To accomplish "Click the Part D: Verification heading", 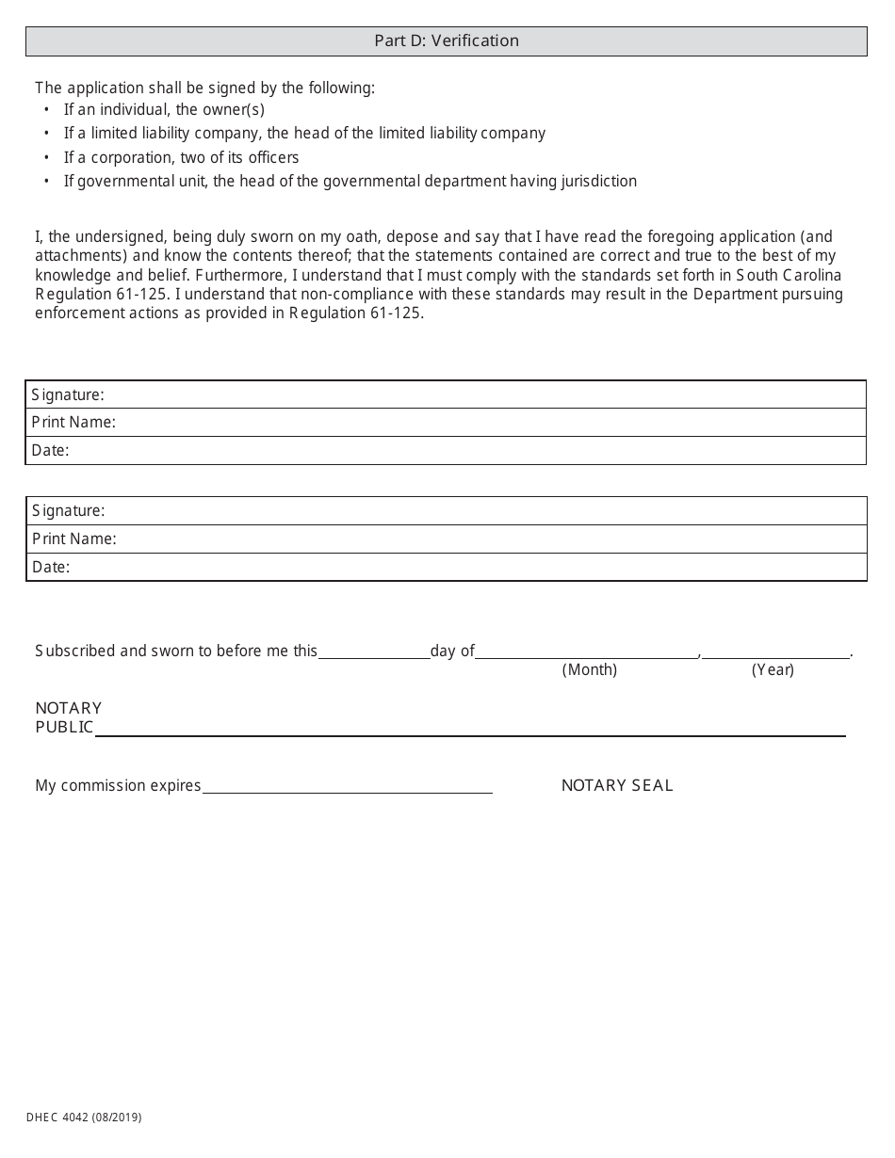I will point(447,40).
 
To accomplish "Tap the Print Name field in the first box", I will point(489,422).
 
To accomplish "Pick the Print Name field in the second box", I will point(489,539).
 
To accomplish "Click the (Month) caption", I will point(590,669).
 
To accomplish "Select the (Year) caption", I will point(773,669).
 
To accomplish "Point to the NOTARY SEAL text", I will point(617,785).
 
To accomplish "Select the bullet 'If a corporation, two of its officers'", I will point(181,157).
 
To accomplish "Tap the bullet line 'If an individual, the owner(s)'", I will point(164,110).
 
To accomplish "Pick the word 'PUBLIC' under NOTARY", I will point(64,727).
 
